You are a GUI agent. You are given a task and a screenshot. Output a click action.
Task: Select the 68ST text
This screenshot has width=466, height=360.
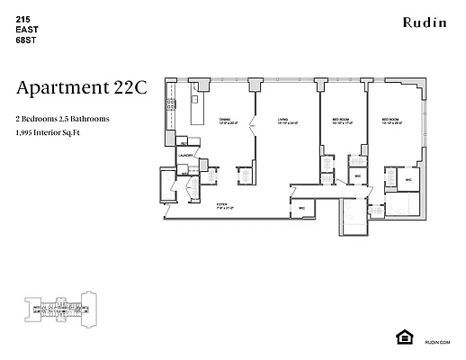26,40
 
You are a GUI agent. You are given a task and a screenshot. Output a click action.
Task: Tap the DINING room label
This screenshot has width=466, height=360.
226,119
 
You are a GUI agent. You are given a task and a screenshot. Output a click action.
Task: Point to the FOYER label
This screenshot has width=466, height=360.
220,204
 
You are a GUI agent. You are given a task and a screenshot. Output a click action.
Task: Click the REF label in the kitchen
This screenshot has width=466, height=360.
184,143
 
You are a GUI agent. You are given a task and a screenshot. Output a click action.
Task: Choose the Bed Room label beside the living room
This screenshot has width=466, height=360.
342,119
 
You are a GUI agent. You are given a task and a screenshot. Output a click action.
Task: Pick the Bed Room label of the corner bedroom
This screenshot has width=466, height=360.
390,119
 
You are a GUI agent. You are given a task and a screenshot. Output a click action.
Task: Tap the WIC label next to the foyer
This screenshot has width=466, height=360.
302,210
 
